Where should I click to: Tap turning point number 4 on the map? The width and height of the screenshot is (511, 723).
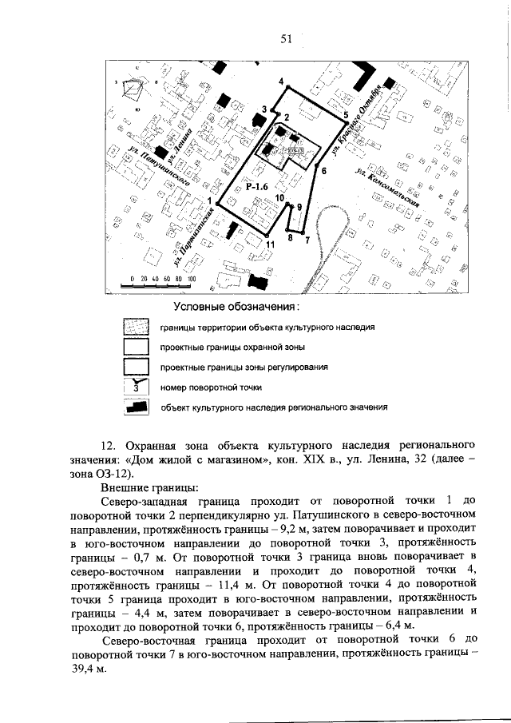point(282,82)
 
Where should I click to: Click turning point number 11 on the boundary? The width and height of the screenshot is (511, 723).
point(270,243)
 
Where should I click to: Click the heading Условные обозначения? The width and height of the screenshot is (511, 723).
point(236,307)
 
